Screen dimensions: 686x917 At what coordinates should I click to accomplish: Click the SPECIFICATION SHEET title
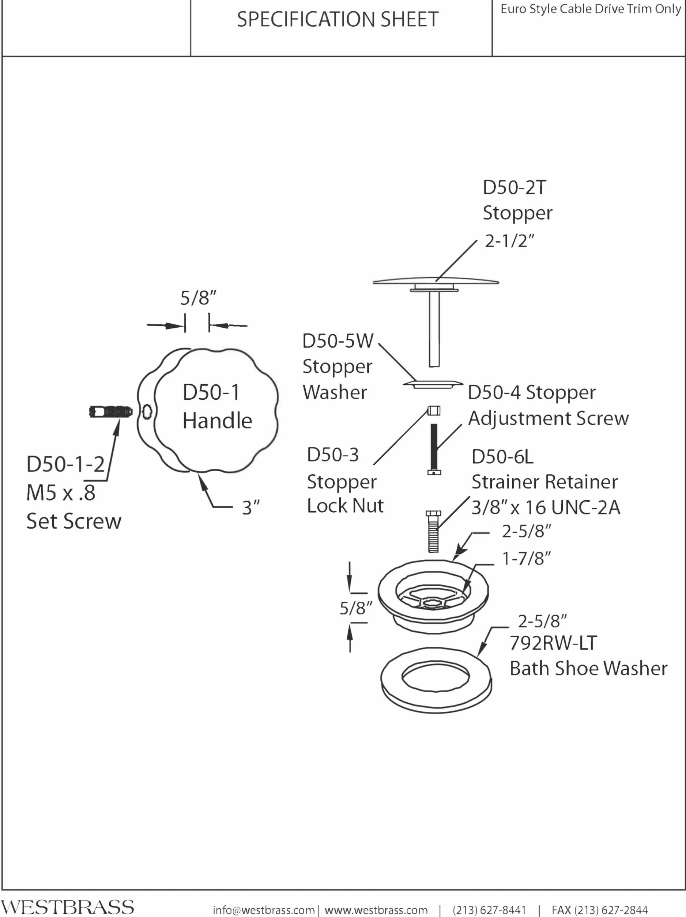tap(338, 19)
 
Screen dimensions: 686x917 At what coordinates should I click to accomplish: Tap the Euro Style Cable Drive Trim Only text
tap(591, 9)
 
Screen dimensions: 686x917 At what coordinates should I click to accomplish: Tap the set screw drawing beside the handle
tap(111, 412)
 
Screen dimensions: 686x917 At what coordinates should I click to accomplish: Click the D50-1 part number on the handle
tap(211, 392)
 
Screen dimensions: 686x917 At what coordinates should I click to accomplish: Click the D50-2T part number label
tap(514, 187)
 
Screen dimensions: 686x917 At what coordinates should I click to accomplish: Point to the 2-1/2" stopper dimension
tap(510, 240)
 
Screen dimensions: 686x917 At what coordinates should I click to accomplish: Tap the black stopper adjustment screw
tap(434, 449)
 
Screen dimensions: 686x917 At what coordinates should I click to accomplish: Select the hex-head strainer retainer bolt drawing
tap(433, 532)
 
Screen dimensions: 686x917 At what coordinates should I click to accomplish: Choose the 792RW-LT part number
tap(553, 643)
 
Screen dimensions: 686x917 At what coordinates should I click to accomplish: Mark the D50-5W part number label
tap(338, 341)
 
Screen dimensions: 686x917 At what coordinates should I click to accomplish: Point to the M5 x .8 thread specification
tap(61, 493)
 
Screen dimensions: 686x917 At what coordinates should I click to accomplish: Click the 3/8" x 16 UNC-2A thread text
tap(546, 507)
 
